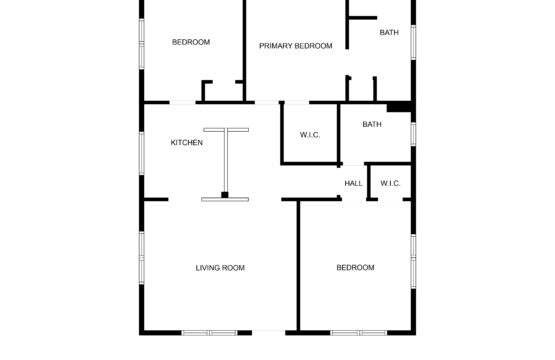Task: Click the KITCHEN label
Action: pyautogui.click(x=187, y=143)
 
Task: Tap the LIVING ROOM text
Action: pyautogui.click(x=220, y=268)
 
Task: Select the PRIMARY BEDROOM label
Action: pyautogui.click(x=296, y=46)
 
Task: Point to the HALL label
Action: pyautogui.click(x=353, y=183)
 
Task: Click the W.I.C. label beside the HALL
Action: pyautogui.click(x=390, y=183)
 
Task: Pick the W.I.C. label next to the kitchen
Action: pyautogui.click(x=310, y=135)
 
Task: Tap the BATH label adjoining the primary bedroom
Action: pyautogui.click(x=389, y=33)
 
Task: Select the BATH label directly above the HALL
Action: pyautogui.click(x=372, y=124)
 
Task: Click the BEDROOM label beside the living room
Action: pyautogui.click(x=355, y=268)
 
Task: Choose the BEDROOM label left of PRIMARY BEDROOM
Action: pyautogui.click(x=191, y=42)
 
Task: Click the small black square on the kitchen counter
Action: pyautogui.click(x=225, y=195)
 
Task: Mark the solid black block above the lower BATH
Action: pyautogui.click(x=399, y=107)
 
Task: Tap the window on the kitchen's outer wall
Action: pyautogui.click(x=142, y=153)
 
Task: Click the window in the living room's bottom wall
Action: pyautogui.click(x=209, y=333)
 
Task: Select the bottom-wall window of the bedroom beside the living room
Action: pyautogui.click(x=359, y=333)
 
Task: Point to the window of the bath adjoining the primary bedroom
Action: pyautogui.click(x=413, y=42)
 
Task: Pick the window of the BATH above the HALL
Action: pyautogui.click(x=413, y=134)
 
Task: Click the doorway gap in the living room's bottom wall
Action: pyautogui.click(x=269, y=333)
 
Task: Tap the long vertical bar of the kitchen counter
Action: pyautogui.click(x=226, y=162)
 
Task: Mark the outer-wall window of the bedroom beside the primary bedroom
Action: pyautogui.click(x=142, y=44)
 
